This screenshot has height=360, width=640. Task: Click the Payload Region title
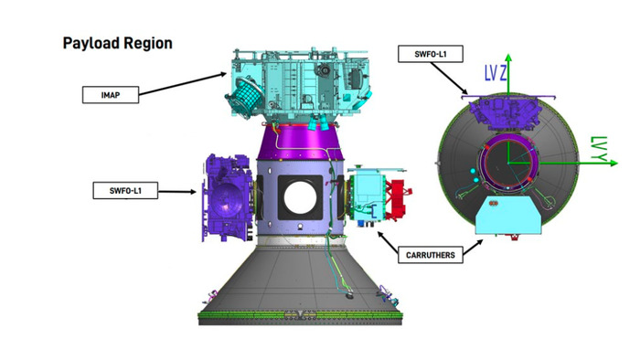[118, 43]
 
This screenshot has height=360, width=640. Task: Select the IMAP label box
[111, 95]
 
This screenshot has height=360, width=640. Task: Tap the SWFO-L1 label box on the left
[125, 190]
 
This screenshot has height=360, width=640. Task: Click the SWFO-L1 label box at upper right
[431, 54]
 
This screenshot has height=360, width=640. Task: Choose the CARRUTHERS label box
[431, 255]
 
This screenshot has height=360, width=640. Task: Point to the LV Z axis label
[496, 73]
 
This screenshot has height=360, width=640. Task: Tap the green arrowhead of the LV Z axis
[508, 58]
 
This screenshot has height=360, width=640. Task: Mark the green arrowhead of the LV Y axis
[613, 163]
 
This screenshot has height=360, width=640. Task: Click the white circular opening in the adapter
[300, 197]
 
